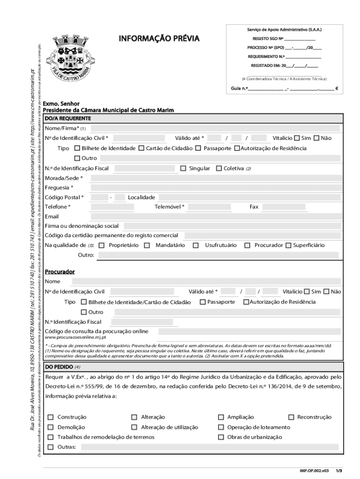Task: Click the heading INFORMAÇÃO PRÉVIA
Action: (x=159, y=38)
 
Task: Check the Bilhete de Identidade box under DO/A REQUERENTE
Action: (x=78, y=148)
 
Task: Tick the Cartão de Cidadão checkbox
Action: (x=141, y=148)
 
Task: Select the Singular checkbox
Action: (x=183, y=168)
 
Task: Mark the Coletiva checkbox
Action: (x=218, y=168)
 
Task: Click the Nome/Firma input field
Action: (x=222, y=128)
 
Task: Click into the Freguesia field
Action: (x=222, y=188)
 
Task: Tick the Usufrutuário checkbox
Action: (x=196, y=245)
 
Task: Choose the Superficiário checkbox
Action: (x=288, y=245)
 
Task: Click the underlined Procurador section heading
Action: (x=60, y=272)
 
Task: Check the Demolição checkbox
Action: (x=50, y=427)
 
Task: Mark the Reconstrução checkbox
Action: (x=291, y=417)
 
